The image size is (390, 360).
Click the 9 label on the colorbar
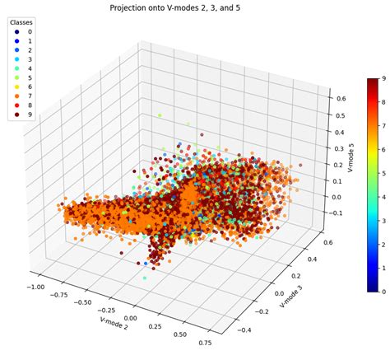384,78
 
